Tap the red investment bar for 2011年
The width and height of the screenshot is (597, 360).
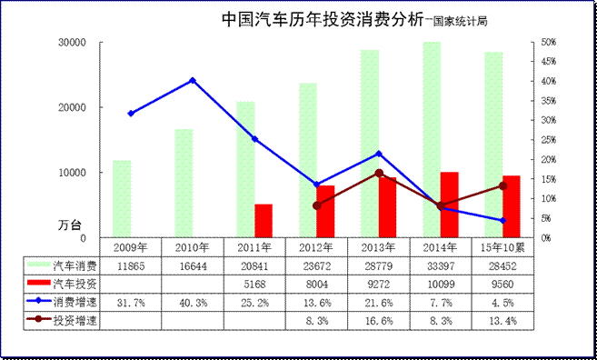pos(264,220)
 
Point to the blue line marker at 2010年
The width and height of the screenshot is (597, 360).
pos(193,80)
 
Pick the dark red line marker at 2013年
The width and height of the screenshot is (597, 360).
pos(379,173)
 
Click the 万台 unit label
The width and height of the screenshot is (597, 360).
pos(83,223)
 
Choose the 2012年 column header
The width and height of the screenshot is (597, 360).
pos(316,247)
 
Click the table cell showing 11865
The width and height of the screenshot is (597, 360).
pos(131,265)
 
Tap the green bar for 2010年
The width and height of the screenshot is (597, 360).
pos(184,183)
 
